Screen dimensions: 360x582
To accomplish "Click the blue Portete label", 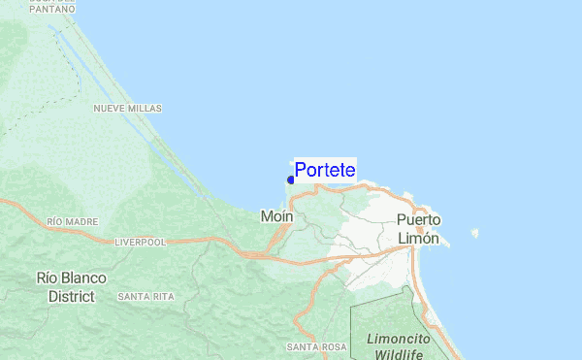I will point(325,170).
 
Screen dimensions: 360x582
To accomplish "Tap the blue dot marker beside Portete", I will point(291,180).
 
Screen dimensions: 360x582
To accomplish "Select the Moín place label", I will point(277,216).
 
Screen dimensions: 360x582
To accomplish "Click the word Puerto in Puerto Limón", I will point(418,220).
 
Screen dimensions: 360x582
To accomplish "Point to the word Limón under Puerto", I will point(418,238).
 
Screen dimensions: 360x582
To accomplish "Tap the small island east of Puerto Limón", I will point(474,233).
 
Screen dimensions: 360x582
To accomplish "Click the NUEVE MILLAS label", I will point(127,109).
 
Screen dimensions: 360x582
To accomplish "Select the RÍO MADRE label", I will point(73,222).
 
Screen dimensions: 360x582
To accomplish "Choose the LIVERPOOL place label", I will point(142,241).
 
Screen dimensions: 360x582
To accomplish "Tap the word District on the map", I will point(72,296).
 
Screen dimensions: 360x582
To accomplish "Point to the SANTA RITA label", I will point(145,296).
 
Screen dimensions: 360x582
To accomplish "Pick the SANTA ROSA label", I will point(316,346).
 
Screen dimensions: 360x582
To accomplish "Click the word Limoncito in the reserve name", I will point(400,339).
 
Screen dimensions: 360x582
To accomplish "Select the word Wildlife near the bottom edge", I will point(395,354).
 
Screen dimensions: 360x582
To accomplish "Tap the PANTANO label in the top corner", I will point(53,9).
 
